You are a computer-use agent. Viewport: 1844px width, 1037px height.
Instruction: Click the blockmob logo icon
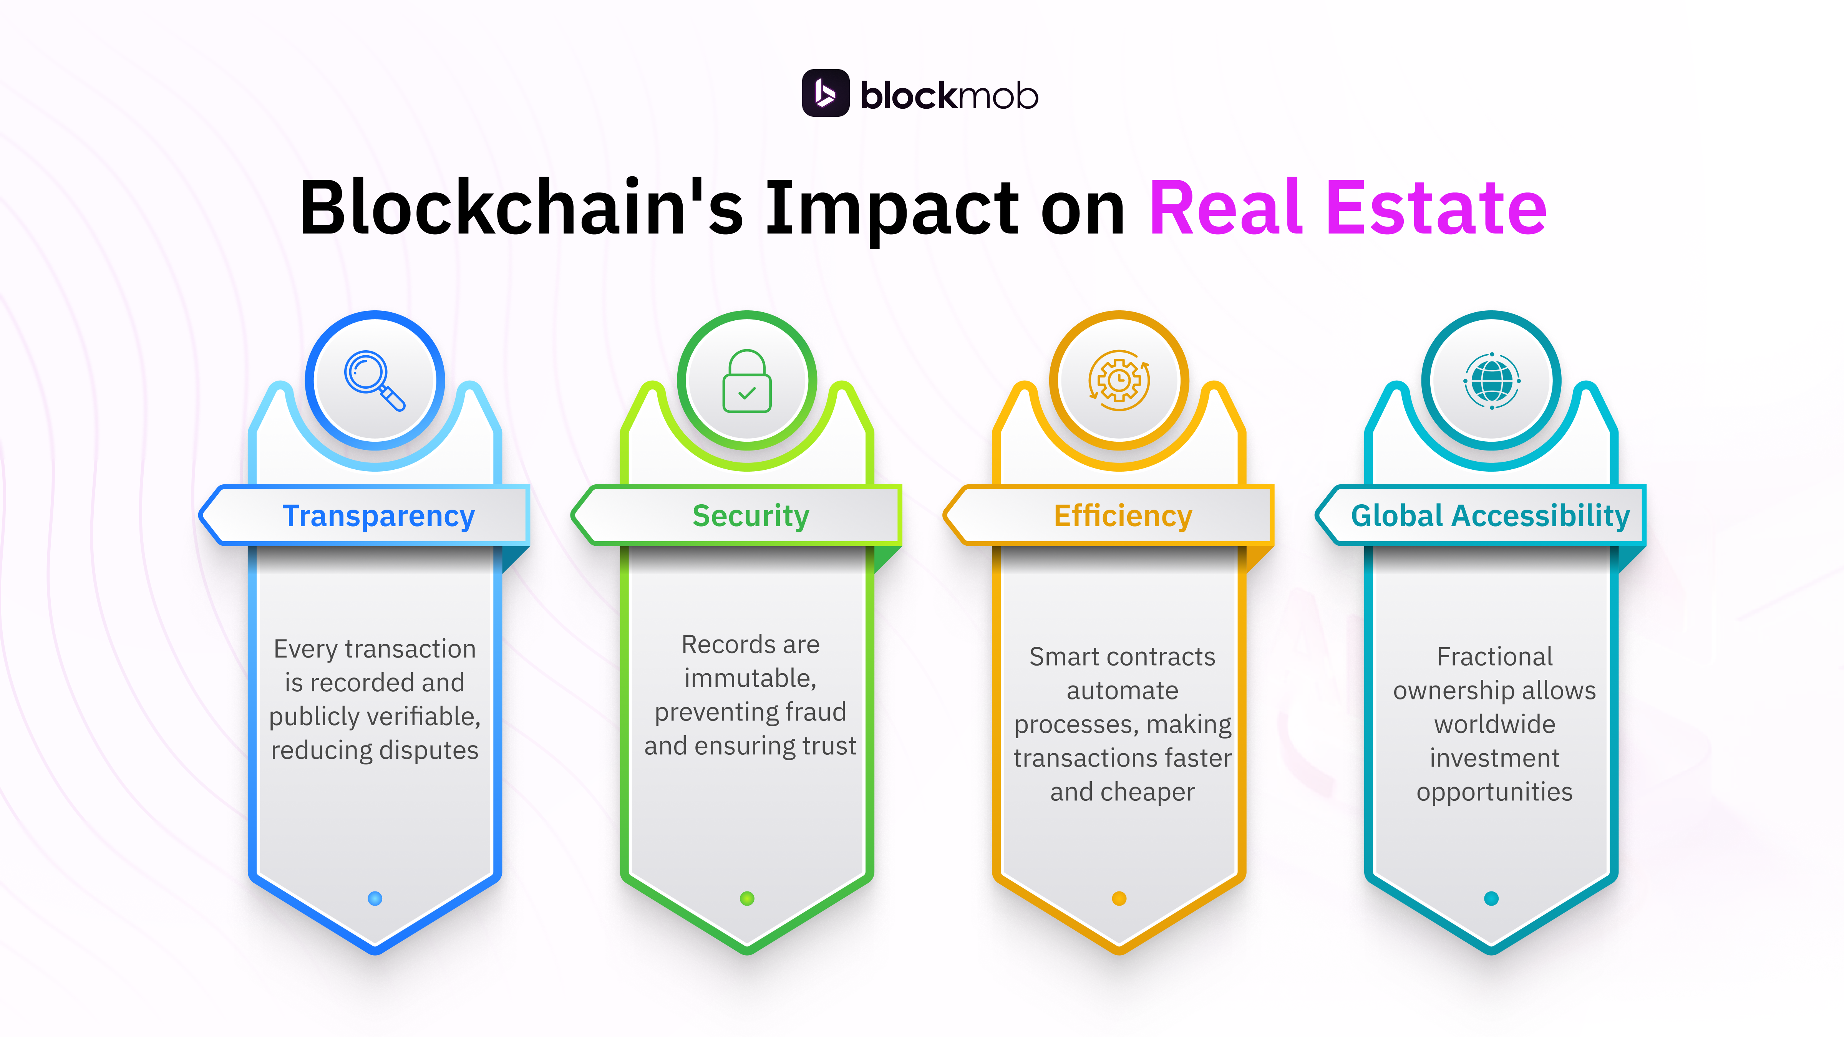click(825, 93)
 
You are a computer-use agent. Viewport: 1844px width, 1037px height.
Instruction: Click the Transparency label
click(379, 515)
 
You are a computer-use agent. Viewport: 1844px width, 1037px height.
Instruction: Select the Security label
click(750, 515)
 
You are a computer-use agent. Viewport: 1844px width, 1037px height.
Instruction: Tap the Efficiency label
click(1123, 515)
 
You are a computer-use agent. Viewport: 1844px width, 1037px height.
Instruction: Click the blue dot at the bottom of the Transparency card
click(375, 898)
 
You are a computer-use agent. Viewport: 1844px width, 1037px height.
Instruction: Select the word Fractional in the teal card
click(1495, 656)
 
